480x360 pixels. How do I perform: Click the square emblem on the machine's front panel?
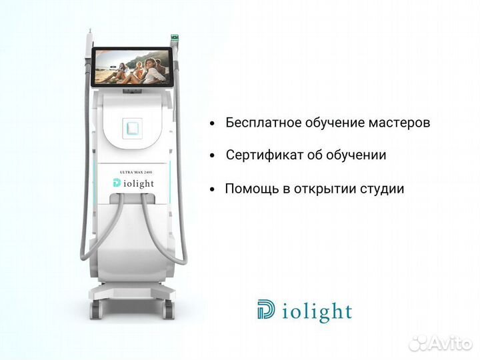[x=133, y=126]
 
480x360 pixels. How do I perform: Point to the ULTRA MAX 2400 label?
[x=133, y=172]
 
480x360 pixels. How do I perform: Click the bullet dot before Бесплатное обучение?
[x=212, y=124]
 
